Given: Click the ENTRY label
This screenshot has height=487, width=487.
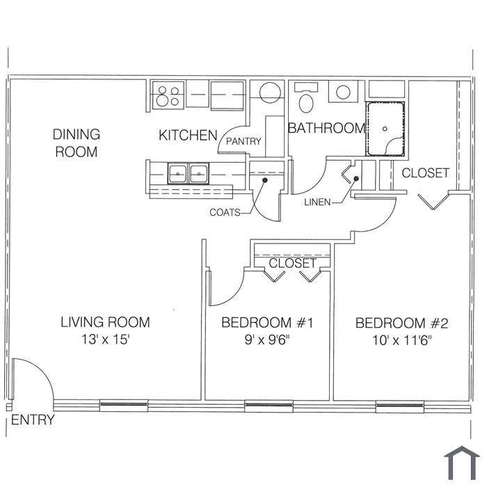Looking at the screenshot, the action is point(33,420).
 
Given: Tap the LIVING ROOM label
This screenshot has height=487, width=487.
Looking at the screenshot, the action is point(105,322).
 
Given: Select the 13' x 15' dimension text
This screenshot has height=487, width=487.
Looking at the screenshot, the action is point(105,340).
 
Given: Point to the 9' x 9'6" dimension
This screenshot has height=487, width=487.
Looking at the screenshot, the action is point(267,340).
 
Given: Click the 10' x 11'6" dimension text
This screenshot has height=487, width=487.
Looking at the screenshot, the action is point(402,341).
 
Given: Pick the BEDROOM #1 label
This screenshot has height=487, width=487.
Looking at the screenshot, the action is point(267,323).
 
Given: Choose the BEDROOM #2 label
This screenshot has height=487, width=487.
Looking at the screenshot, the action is point(402,324).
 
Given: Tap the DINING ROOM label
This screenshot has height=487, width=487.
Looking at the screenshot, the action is point(77,143).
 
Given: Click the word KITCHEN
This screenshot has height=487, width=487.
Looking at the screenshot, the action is point(188,136).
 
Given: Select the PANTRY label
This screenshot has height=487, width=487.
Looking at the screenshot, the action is point(243,142).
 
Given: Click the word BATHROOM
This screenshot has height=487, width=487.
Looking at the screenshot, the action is point(326,128).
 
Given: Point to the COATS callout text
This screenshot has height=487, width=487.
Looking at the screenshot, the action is point(225,213).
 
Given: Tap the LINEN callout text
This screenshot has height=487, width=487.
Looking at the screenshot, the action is point(317,202).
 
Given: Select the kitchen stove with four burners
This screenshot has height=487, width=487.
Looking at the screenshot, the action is point(168,95).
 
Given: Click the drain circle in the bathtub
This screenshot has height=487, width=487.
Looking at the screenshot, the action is point(385,129).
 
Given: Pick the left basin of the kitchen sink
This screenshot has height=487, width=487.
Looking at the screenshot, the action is point(177,173).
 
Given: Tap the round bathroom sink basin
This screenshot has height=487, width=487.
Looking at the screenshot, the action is point(343,93).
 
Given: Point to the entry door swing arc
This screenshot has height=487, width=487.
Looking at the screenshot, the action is point(42,369).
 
